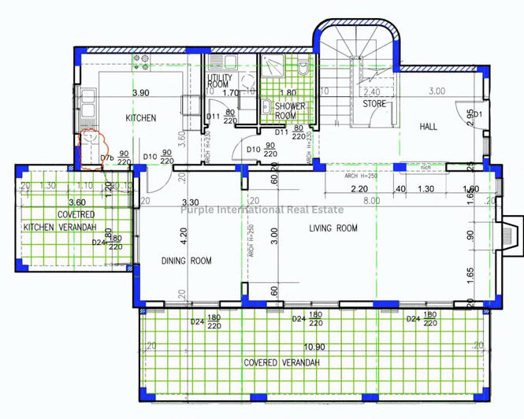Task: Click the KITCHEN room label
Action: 142,118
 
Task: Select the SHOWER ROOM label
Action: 290,110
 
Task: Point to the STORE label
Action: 373,104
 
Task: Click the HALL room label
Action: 428,126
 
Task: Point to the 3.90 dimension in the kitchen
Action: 141,93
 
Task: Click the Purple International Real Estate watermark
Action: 262,209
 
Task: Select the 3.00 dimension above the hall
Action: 436,91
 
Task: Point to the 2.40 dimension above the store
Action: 372,91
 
